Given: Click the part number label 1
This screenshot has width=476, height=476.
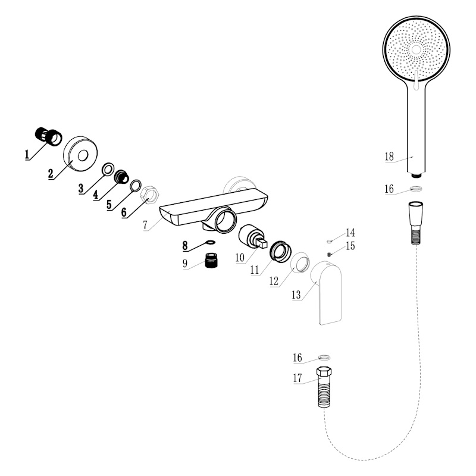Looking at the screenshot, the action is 27,155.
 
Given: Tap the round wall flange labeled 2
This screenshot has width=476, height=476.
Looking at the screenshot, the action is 80,154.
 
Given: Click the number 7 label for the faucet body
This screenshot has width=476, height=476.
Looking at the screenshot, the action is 145,226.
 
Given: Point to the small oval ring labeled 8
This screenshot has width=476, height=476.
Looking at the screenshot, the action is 210,242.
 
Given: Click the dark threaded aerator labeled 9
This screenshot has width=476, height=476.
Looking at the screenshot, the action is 211,260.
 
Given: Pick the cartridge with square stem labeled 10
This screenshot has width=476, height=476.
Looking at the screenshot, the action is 252,237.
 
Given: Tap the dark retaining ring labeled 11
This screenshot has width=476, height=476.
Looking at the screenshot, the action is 281,250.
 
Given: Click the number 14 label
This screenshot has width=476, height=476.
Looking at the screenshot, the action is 350,233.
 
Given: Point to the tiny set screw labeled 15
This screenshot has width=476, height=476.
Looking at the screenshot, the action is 329,254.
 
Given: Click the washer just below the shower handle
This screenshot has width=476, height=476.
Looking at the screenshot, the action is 415,189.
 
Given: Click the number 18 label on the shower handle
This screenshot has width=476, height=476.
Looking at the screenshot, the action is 389,156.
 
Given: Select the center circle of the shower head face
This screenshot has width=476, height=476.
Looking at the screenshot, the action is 416,50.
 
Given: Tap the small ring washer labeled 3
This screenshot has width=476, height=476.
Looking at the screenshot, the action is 108,169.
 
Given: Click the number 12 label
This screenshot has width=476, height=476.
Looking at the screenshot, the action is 274,281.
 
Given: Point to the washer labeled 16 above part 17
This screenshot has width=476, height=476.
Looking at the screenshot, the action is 324,358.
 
